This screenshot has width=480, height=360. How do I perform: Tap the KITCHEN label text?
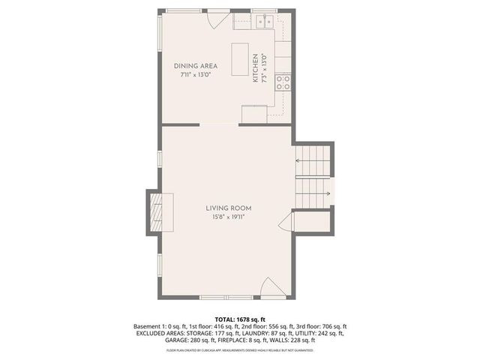click(x=256, y=67)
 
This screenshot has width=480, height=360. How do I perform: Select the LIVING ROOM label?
click(x=229, y=208)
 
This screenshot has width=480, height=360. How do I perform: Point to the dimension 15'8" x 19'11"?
click(x=229, y=217)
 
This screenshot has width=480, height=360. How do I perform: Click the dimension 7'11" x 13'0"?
click(x=194, y=75)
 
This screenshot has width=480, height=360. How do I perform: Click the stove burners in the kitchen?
click(x=283, y=82)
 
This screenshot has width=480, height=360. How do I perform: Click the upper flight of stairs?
click(x=313, y=160)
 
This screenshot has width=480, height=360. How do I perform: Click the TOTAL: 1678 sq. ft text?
click(x=239, y=319)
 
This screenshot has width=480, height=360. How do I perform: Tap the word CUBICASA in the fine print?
click(x=211, y=350)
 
